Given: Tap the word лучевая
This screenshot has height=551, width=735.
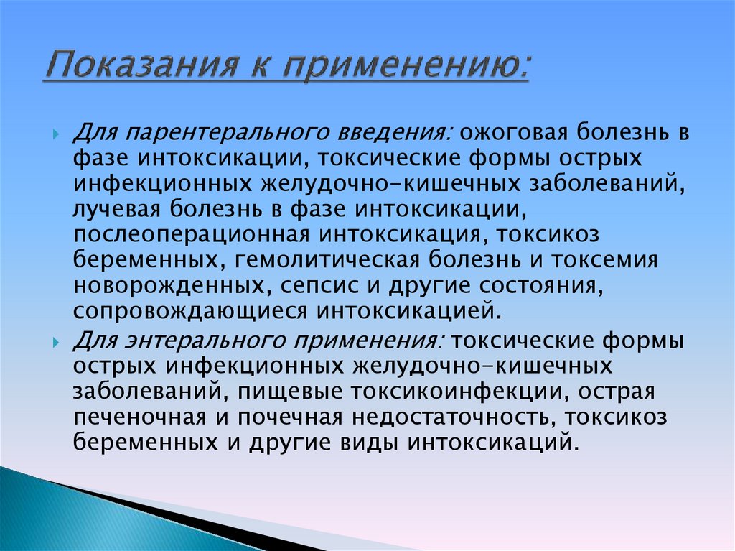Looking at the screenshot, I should point(116,209).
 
